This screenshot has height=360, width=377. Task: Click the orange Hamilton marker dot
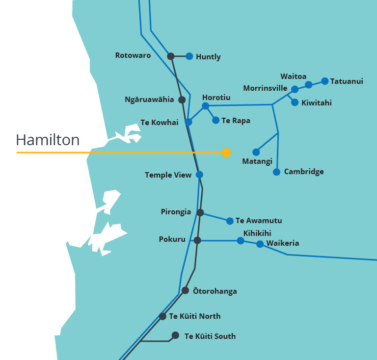tap(226, 153)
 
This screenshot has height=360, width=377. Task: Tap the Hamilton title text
tap(48, 140)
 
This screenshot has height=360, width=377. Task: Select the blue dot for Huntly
tap(189, 56)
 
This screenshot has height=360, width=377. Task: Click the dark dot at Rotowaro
tap(171, 56)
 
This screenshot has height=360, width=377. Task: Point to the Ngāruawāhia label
tap(149, 100)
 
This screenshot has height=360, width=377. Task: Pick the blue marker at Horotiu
tap(206, 106)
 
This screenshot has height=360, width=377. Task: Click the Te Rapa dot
tap(215, 120)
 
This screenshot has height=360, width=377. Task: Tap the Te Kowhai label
tap(159, 123)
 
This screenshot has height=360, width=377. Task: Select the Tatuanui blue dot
tap(324, 81)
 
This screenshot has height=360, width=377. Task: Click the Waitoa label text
tap(293, 77)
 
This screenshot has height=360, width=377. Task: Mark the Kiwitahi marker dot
tap(295, 103)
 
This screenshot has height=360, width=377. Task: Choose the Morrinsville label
tap(265, 88)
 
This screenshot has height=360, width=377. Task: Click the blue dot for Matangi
tap(256, 152)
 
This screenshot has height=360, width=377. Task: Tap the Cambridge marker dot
tap(276, 172)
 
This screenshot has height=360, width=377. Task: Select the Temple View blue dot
tap(199, 175)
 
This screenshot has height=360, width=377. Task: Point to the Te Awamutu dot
tap(230, 221)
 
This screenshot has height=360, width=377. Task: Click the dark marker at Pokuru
tap(197, 240)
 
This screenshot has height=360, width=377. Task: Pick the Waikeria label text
tap(282, 243)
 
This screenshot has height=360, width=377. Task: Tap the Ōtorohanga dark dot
tap(185, 290)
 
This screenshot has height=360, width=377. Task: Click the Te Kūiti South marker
tap(175, 335)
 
